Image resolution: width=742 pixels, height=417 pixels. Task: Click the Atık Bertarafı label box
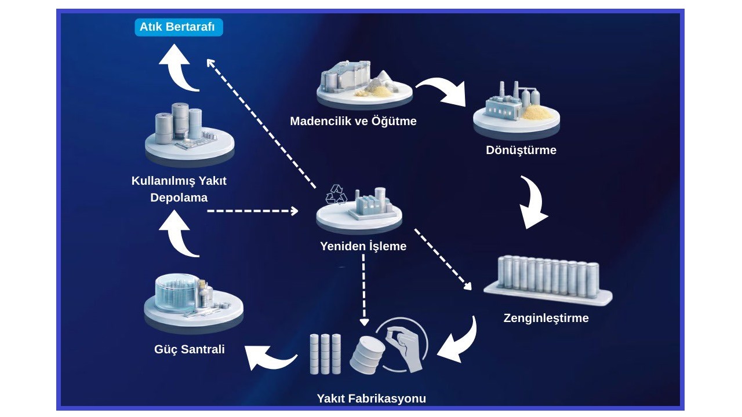tap(178, 27)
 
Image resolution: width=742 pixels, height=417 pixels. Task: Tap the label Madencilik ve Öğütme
tap(353, 122)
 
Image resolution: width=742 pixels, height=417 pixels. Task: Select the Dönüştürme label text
tap(521, 151)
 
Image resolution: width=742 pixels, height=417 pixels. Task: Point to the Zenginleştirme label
tap(545, 318)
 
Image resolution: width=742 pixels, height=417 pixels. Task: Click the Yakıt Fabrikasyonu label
tap(371, 398)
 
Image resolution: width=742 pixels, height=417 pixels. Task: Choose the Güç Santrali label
tap(190, 349)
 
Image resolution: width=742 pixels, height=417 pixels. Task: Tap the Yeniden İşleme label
tap(363, 246)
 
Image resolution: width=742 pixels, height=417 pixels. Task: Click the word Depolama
tap(179, 197)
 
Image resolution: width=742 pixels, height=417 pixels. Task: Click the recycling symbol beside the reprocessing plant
tap(336, 195)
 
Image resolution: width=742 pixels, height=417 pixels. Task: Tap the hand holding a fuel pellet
tap(405, 348)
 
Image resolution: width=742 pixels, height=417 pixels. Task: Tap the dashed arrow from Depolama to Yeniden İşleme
tap(252, 211)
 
